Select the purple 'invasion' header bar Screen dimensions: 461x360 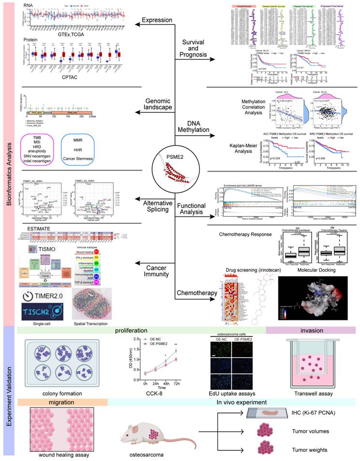click(311, 330)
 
